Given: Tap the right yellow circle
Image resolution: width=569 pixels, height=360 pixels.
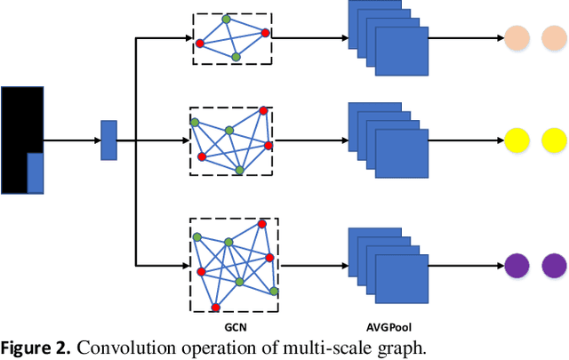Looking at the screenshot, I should tap(555, 140).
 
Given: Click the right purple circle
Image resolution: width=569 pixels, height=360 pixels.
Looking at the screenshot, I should tap(555, 265).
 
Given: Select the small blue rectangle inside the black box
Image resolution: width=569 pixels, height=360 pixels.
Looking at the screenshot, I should tap(36, 172).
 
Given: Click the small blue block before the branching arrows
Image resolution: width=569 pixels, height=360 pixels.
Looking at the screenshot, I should tap(108, 140).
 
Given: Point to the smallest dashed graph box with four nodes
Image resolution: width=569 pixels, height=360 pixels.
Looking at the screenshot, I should tap(232, 38).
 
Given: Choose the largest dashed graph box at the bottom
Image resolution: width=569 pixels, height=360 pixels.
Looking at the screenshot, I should tap(234, 265).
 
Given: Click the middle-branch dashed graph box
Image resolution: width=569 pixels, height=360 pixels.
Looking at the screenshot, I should tap(231, 140).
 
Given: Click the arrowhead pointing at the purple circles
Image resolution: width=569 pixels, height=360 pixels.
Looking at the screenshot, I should tap(497, 265).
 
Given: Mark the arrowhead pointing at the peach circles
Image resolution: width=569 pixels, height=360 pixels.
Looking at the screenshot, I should tap(497, 38).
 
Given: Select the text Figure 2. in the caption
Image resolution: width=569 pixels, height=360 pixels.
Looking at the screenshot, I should tap(38, 347).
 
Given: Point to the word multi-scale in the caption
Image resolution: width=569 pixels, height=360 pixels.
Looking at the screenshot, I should tap(325, 347).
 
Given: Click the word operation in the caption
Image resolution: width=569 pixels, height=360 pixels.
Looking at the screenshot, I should tap(222, 347).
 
